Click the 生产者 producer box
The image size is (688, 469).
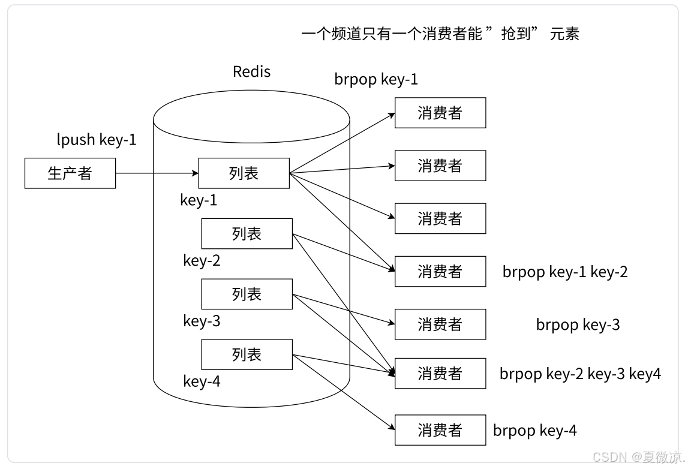[x=70, y=173]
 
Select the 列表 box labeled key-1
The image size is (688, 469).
[x=244, y=173]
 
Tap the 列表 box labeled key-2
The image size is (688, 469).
[x=247, y=233]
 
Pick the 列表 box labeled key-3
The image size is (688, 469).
[x=247, y=294]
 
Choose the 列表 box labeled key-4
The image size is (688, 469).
[x=247, y=354]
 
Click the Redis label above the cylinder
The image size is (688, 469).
[x=251, y=72]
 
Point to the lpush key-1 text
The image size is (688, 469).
[x=97, y=140]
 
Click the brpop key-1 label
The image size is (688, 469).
[x=376, y=79]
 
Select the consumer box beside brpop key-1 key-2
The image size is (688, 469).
[x=440, y=272]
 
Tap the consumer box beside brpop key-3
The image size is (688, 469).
[x=440, y=324]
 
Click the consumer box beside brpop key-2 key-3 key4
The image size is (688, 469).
[x=440, y=374]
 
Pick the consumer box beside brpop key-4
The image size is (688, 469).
[x=440, y=430]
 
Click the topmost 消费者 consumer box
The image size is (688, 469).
[x=440, y=113]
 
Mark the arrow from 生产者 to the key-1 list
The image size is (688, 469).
[x=157, y=173]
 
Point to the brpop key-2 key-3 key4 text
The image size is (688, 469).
[x=580, y=374]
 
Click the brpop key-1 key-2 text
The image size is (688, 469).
[x=565, y=272]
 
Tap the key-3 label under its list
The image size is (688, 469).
[x=202, y=321]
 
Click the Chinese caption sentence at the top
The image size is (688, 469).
[x=440, y=34]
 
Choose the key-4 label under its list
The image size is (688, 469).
[x=202, y=381]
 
